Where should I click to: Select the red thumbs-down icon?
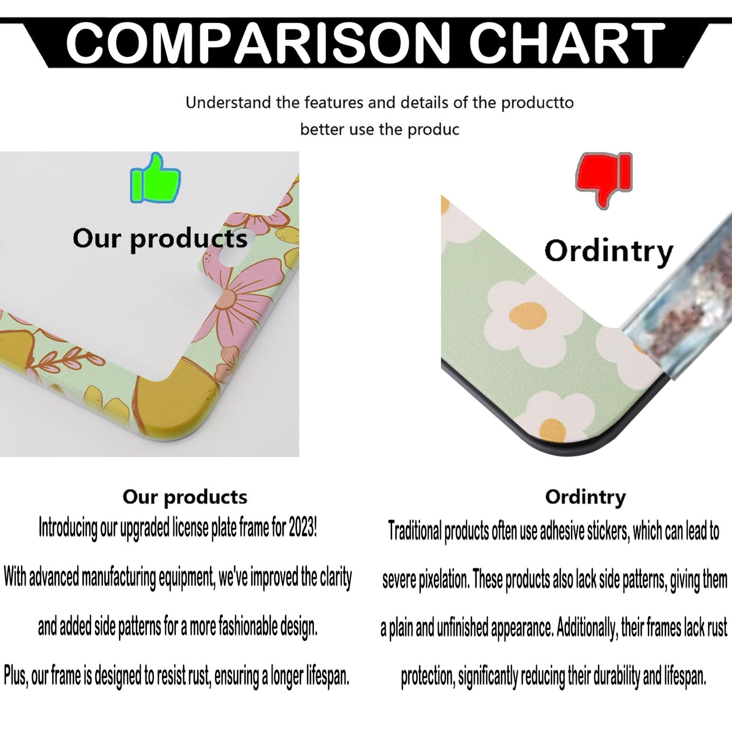coord(604,180)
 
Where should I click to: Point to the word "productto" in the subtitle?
coord(537,103)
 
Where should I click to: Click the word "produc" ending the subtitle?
coord(433,130)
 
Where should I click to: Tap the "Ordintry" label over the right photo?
coord(609,252)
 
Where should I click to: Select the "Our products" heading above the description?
coord(185,497)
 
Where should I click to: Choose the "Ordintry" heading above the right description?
coord(586,497)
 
